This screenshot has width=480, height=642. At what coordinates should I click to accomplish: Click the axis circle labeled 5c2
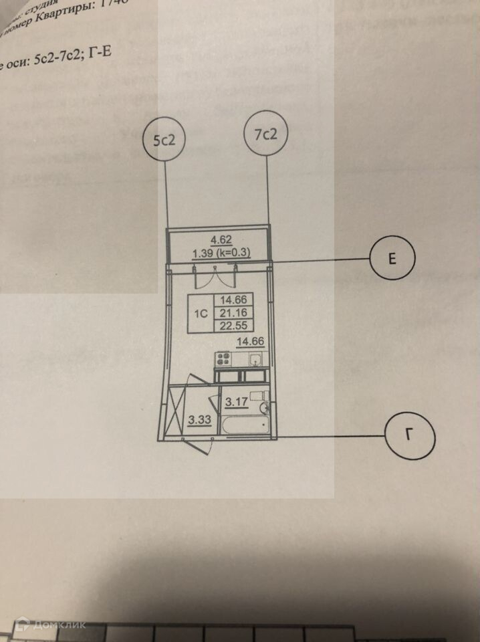pyautogui.click(x=163, y=140)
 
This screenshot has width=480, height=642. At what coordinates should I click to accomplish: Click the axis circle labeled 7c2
pyautogui.click(x=266, y=134)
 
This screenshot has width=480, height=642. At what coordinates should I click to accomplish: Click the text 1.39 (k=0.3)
pyautogui.click(x=221, y=253)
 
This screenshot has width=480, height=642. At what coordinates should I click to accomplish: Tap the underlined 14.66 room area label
pyautogui.click(x=251, y=342)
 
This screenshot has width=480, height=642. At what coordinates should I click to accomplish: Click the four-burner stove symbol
pyautogui.click(x=223, y=359)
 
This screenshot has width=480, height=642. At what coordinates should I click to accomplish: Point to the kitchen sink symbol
pyautogui.click(x=254, y=360)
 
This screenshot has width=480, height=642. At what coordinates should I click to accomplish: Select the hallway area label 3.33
pyautogui.click(x=198, y=421)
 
